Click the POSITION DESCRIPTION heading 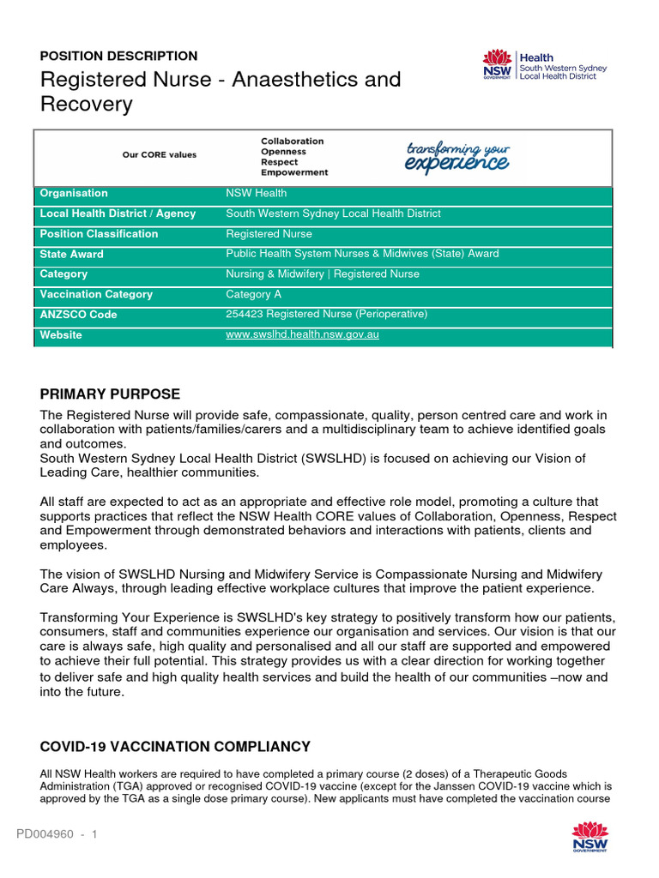pos(118,56)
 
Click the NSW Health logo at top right pos(545,65)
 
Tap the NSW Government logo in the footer pos(589,837)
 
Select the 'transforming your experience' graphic pos(456,156)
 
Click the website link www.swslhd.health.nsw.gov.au pos(302,335)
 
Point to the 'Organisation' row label pos(74,194)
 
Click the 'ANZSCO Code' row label pos(78,315)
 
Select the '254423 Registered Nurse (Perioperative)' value pos(326,315)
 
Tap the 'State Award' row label pos(71,255)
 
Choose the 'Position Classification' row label pos(99,234)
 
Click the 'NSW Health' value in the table pos(256,194)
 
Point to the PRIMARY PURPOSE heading pos(110,394)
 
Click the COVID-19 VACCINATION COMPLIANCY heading pos(175,747)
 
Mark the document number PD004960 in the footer pos(45,834)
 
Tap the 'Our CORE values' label pos(159,155)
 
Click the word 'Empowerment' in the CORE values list pos(294,172)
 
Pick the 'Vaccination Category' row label pos(96,295)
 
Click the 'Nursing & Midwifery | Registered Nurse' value pos(323,274)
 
